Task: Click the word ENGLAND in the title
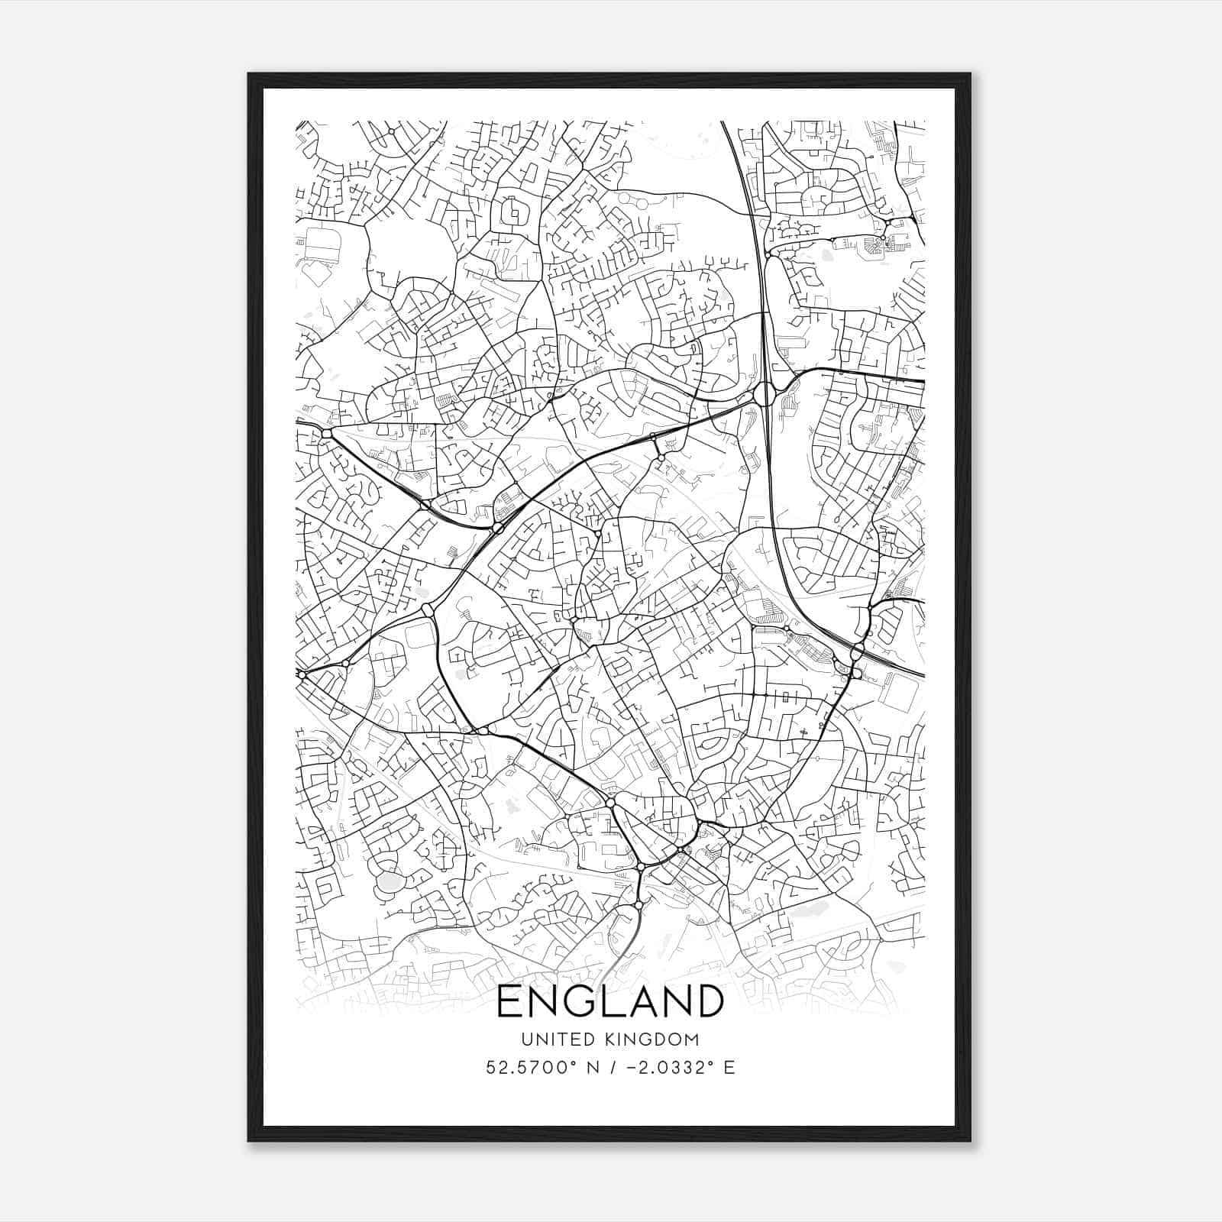pyautogui.click(x=610, y=1001)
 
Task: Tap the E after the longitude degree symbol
pyautogui.click(x=730, y=1068)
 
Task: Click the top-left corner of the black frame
pyautogui.click(x=248, y=74)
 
